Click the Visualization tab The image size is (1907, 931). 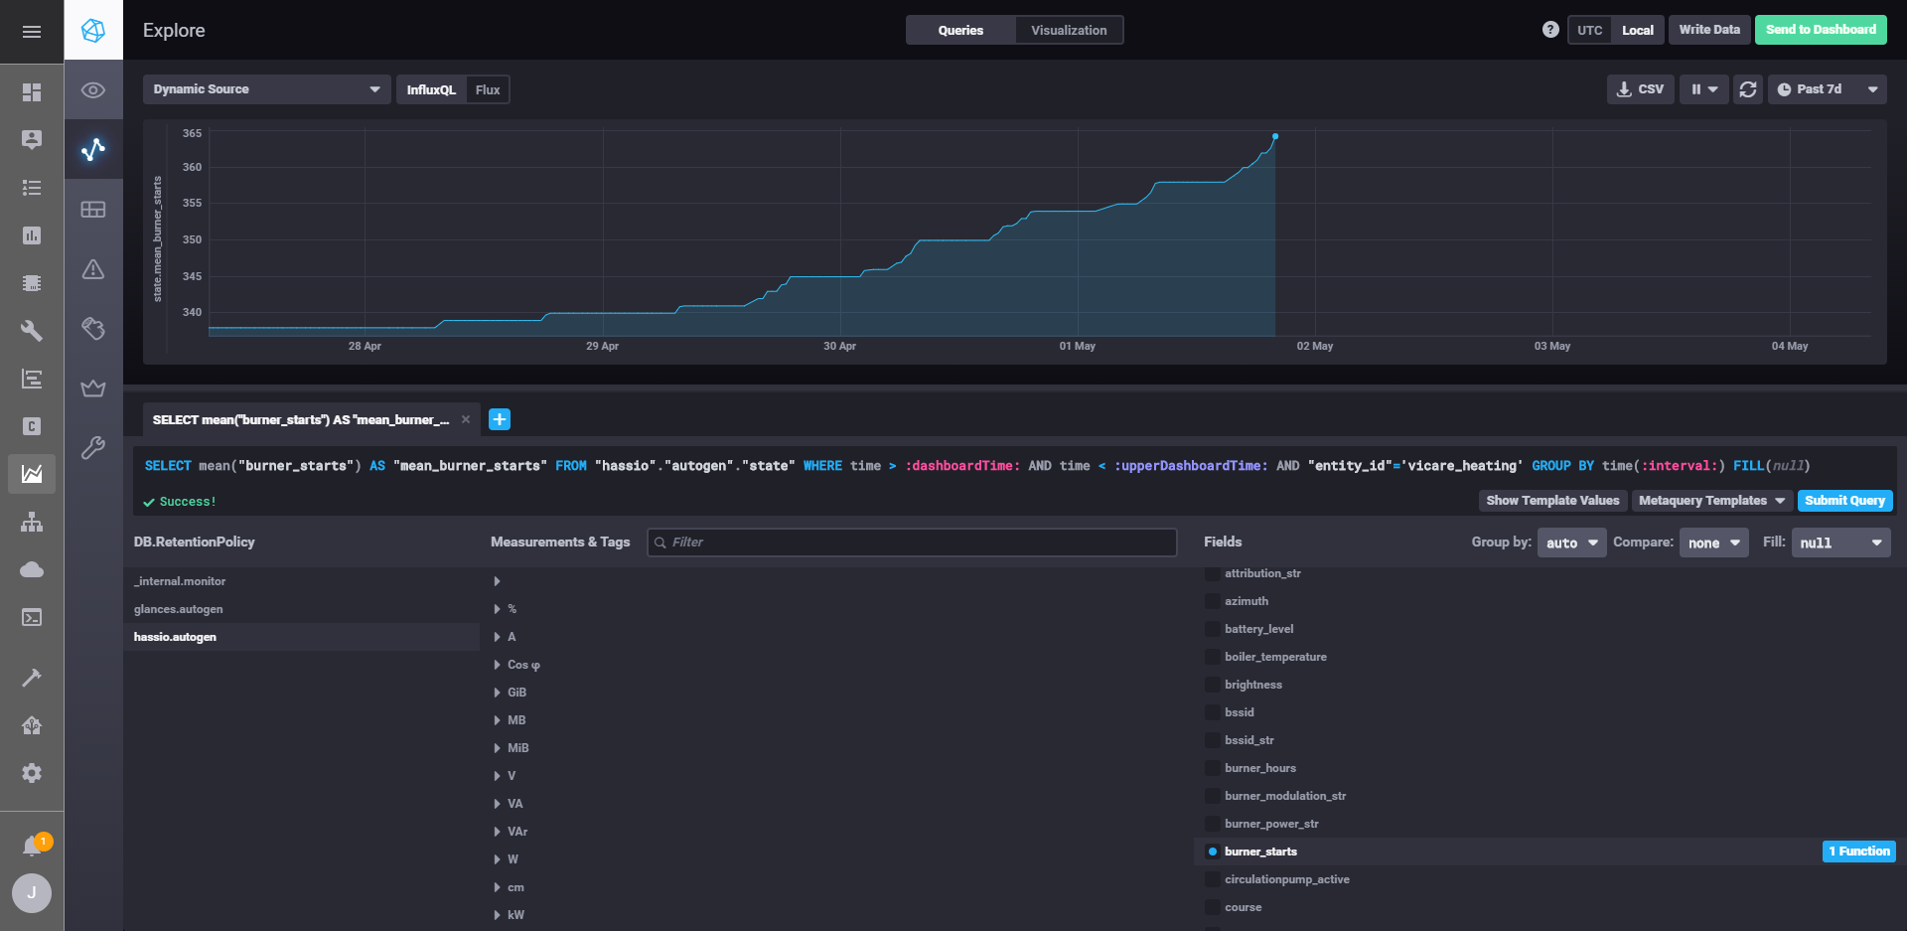tap(1069, 30)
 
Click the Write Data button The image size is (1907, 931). tap(1709, 30)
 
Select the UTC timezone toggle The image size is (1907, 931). tap(1589, 30)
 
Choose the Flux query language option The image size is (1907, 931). tap(487, 89)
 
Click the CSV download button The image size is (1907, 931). tap(1641, 89)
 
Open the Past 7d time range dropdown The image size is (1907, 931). tap(1827, 89)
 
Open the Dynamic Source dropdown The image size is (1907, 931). tap(266, 89)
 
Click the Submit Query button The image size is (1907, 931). tap(1844, 501)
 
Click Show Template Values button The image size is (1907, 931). tap(1552, 501)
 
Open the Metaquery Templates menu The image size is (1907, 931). tap(1711, 501)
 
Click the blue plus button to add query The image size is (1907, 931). tap(500, 419)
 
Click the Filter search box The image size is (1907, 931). tap(912, 543)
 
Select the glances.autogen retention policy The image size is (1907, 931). tap(179, 609)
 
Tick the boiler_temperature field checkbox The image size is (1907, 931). tap(1213, 657)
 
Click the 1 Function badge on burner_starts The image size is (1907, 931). tap(1859, 852)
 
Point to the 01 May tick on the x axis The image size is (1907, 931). tap(1078, 346)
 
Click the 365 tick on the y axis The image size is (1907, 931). tap(192, 133)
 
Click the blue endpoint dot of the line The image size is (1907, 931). tap(1275, 136)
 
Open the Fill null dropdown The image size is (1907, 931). tap(1840, 543)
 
